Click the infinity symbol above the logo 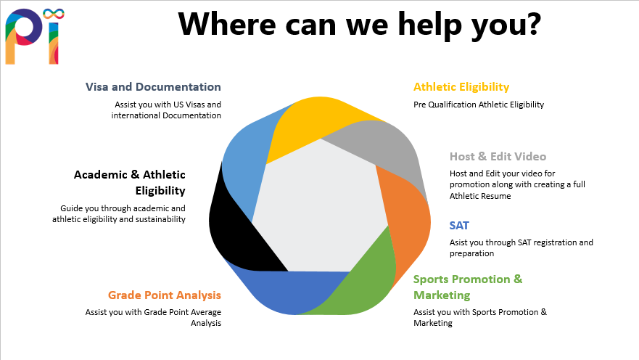pyautogui.click(x=53, y=15)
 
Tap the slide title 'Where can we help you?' pyautogui.click(x=359, y=24)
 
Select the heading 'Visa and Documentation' pyautogui.click(x=153, y=87)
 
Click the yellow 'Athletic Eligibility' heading pyautogui.click(x=461, y=87)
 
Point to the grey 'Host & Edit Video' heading pyautogui.click(x=498, y=156)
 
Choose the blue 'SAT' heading pyautogui.click(x=459, y=226)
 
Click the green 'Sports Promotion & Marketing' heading pyautogui.click(x=467, y=287)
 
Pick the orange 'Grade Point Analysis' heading pyautogui.click(x=165, y=295)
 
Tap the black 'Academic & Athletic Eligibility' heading pyautogui.click(x=130, y=182)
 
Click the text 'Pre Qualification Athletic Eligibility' pyautogui.click(x=479, y=105)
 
